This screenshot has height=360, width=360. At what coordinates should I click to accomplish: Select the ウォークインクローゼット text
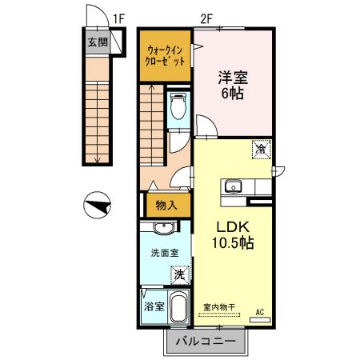click(166, 54)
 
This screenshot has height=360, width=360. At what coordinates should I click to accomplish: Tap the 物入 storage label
click(168, 206)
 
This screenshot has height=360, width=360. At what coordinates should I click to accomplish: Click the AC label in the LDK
click(259, 312)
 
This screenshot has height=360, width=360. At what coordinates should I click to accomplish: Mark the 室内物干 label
click(218, 306)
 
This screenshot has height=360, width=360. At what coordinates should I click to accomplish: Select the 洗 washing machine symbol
click(182, 274)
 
